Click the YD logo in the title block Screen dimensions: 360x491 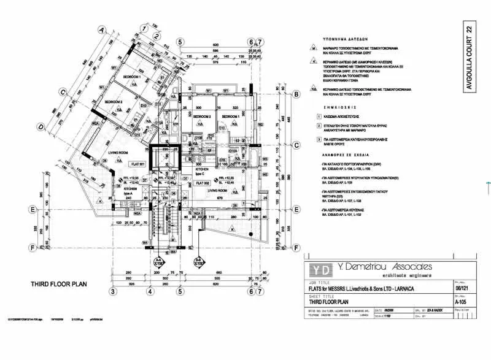click(318, 270)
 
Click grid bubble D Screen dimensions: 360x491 click(41, 127)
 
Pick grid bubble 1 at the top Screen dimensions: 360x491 click(143, 28)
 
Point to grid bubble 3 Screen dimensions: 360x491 click(113, 291)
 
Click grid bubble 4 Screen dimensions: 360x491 click(149, 291)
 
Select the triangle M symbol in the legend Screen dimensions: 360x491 click(314, 48)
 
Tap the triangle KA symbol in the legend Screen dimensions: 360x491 click(314, 90)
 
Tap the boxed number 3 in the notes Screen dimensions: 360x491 click(319, 140)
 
